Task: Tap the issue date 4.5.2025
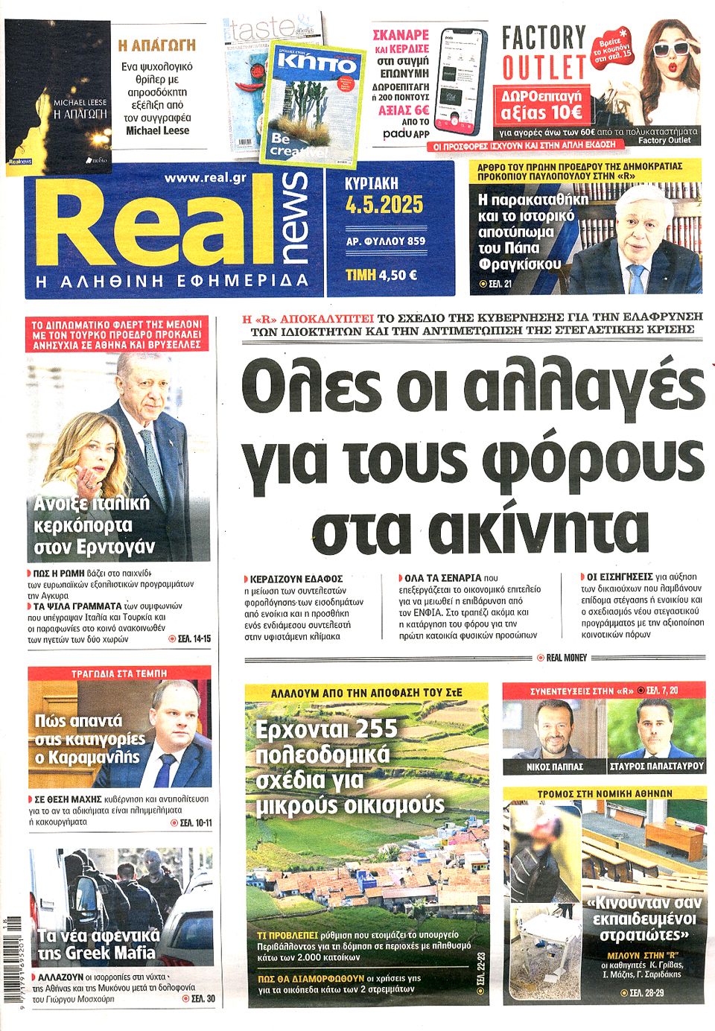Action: click(x=384, y=205)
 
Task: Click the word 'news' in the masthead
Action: click(x=294, y=218)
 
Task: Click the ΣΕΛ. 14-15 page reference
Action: click(x=190, y=639)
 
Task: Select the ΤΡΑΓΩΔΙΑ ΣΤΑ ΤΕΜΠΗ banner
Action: click(x=119, y=673)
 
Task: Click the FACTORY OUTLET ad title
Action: click(x=544, y=52)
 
